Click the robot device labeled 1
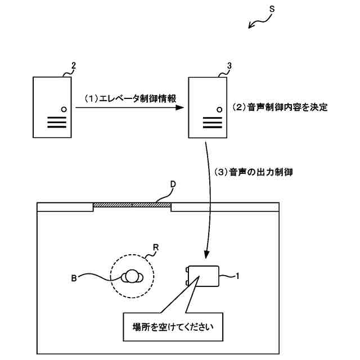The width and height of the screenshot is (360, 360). click(204, 276)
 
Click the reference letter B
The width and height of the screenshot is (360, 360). click(74, 277)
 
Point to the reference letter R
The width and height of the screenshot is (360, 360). click(156, 246)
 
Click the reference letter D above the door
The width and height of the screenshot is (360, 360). click(173, 184)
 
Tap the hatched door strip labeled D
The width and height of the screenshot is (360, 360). click(132, 205)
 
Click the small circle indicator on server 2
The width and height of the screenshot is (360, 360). click(63, 109)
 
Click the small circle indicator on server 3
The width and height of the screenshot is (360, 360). click(217, 109)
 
